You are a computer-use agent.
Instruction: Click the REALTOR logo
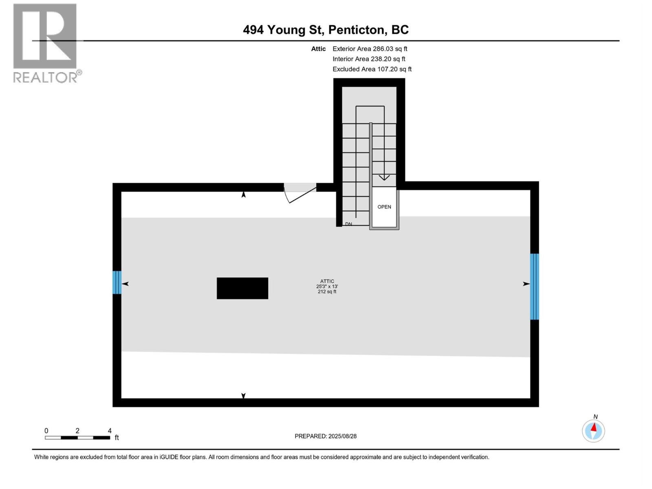[45, 43]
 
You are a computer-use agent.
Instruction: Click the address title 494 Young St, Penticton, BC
[326, 30]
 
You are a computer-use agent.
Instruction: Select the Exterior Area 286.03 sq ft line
[370, 48]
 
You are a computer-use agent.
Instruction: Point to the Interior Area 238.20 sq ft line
[369, 59]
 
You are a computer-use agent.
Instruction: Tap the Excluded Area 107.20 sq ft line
[372, 69]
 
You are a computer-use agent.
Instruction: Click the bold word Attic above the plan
[318, 48]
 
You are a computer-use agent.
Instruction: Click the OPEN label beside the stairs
[384, 207]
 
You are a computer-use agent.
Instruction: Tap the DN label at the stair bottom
[348, 224]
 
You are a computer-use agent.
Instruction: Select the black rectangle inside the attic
[242, 288]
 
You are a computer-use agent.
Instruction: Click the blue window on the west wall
[117, 282]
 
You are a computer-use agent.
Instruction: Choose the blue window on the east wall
[534, 286]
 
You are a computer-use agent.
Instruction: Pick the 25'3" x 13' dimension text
[327, 286]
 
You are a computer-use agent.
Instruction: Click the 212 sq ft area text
[327, 292]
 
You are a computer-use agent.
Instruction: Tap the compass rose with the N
[593, 430]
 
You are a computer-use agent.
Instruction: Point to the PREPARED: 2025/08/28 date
[326, 436]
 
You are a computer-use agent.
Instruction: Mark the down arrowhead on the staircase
[384, 178]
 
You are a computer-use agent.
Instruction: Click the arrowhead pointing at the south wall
[243, 396]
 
